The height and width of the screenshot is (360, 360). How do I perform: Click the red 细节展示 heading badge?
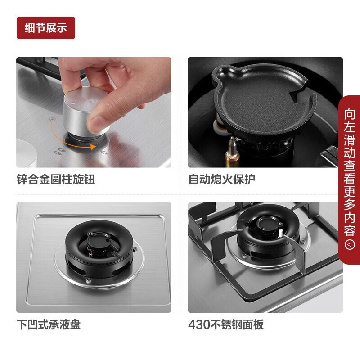click(x=46, y=28)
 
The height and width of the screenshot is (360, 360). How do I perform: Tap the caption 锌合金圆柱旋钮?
click(x=56, y=179)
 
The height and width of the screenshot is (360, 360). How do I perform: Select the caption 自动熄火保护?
click(x=222, y=179)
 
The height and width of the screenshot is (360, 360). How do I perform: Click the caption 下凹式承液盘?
click(x=49, y=324)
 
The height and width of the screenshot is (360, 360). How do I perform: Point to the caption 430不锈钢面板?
click(x=226, y=324)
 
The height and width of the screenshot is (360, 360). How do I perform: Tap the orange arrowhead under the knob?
click(x=93, y=147)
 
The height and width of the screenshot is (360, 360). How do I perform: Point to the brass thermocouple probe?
click(x=232, y=150)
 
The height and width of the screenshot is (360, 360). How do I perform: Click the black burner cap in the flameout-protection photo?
click(x=264, y=101)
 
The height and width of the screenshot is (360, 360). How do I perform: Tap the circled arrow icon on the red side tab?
click(x=350, y=244)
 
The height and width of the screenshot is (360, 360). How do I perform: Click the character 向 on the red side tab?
click(x=350, y=114)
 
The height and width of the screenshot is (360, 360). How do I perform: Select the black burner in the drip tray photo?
click(x=99, y=249)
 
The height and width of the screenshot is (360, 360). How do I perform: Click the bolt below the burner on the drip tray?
click(x=88, y=280)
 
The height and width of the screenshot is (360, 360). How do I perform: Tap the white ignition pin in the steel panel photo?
click(x=280, y=233)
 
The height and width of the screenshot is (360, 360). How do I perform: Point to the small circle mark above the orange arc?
click(x=53, y=119)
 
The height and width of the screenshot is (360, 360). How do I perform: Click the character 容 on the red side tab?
click(x=350, y=230)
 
